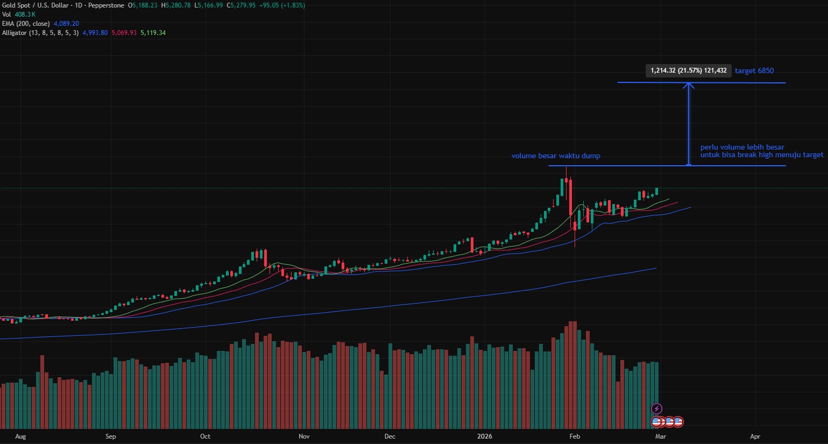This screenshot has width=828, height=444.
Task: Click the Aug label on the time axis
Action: coord(20,436)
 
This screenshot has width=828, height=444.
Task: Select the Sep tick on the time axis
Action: coord(110,436)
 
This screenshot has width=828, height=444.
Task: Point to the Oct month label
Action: coord(205,436)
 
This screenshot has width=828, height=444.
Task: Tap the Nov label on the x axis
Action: coord(304,436)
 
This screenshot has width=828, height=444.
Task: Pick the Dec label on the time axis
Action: coord(390,436)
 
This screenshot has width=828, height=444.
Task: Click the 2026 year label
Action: coord(485,436)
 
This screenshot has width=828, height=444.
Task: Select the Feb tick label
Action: coord(575,436)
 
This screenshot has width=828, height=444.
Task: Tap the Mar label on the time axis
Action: coord(661,436)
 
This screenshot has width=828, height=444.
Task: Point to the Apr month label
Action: coord(755,436)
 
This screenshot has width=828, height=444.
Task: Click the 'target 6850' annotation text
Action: coord(754,71)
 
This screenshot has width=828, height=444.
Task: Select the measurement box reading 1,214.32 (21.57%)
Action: coord(688,71)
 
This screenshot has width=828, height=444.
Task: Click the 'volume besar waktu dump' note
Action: coord(556,156)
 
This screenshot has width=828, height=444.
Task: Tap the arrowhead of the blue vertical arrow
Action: coord(689,84)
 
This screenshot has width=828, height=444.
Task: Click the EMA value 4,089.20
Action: coord(66,24)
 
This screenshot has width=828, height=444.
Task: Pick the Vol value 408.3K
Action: coord(25,15)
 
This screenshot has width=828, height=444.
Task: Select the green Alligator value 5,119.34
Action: coord(153,33)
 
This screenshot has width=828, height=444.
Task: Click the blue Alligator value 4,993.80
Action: coord(95,33)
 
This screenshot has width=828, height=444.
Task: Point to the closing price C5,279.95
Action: coord(240,5)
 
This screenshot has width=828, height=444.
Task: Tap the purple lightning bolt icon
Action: coord(656,409)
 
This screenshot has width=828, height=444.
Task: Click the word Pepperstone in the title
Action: coord(106,5)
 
